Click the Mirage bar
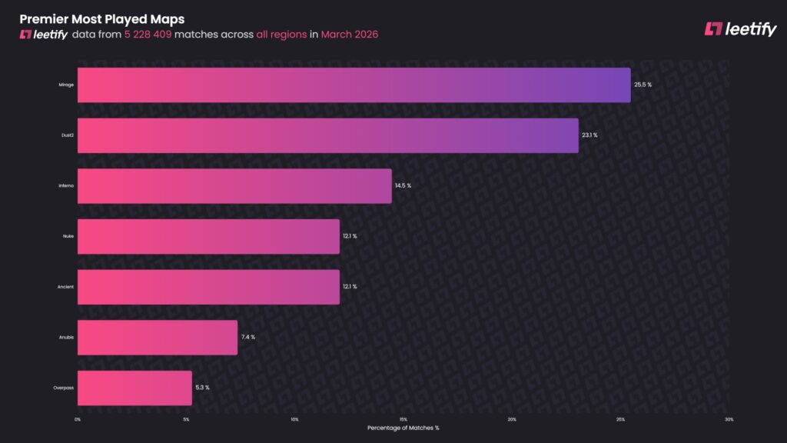pyautogui.click(x=354, y=85)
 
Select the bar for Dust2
pyautogui.click(x=328, y=135)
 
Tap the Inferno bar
pyautogui.click(x=234, y=186)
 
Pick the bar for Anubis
pyautogui.click(x=158, y=338)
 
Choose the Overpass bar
pyautogui.click(x=134, y=388)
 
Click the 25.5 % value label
pyautogui.click(x=643, y=85)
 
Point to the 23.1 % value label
pyautogui.click(x=589, y=135)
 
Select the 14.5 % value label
pyautogui.click(x=403, y=186)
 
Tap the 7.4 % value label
pyautogui.click(x=247, y=338)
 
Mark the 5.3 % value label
pyautogui.click(x=202, y=388)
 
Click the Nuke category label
pyautogui.click(x=68, y=236)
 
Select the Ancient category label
pyautogui.click(x=66, y=287)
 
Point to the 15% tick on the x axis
pyautogui.click(x=403, y=419)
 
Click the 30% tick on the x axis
pyautogui.click(x=729, y=419)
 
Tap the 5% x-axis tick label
pyautogui.click(x=186, y=419)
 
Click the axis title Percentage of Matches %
pyautogui.click(x=403, y=428)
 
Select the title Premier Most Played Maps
pyautogui.click(x=101, y=18)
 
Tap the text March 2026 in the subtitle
pyautogui.click(x=350, y=35)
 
